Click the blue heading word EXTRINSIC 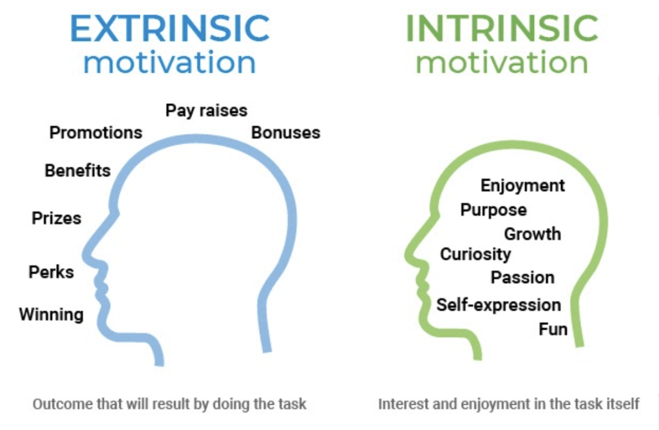170,28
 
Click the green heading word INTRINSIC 502,28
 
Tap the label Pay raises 206,111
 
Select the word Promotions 96,133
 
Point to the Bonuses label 286,133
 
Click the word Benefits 78,170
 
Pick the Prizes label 56,218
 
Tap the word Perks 52,272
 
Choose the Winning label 52,315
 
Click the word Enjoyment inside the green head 522,186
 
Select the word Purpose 493,210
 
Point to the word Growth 533,234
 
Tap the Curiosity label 475,254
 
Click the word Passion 522,278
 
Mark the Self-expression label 499,305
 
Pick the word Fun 553,329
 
